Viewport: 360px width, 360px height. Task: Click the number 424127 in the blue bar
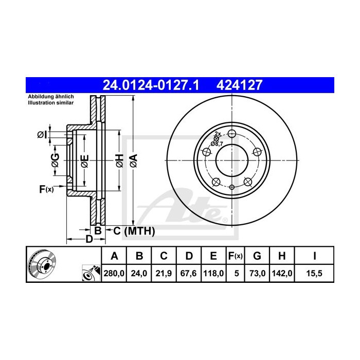pos(242,84)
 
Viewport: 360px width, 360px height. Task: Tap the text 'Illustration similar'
pos(50,102)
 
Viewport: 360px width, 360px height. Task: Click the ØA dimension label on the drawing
pos(133,160)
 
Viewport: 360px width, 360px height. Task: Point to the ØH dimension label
pos(119,160)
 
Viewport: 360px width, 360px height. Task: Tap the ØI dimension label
pos(42,135)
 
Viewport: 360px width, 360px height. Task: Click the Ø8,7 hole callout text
pos(218,144)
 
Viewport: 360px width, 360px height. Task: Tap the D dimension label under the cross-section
pos(88,239)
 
